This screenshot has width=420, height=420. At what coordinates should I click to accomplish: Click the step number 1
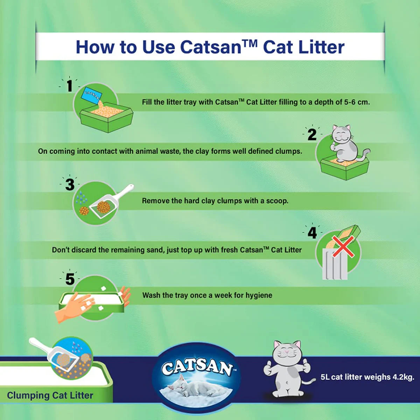70,86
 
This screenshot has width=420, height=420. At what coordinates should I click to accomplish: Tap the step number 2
312,135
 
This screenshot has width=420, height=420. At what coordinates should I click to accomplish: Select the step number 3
70,185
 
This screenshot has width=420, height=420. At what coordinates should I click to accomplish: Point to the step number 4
312,233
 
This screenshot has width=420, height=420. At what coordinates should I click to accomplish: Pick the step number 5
70,279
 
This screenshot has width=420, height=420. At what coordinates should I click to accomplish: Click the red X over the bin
343,246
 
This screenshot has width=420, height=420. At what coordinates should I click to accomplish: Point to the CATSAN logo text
197,366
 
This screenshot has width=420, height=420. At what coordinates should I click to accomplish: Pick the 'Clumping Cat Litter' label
50,395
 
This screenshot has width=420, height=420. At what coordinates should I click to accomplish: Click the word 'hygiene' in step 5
259,295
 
